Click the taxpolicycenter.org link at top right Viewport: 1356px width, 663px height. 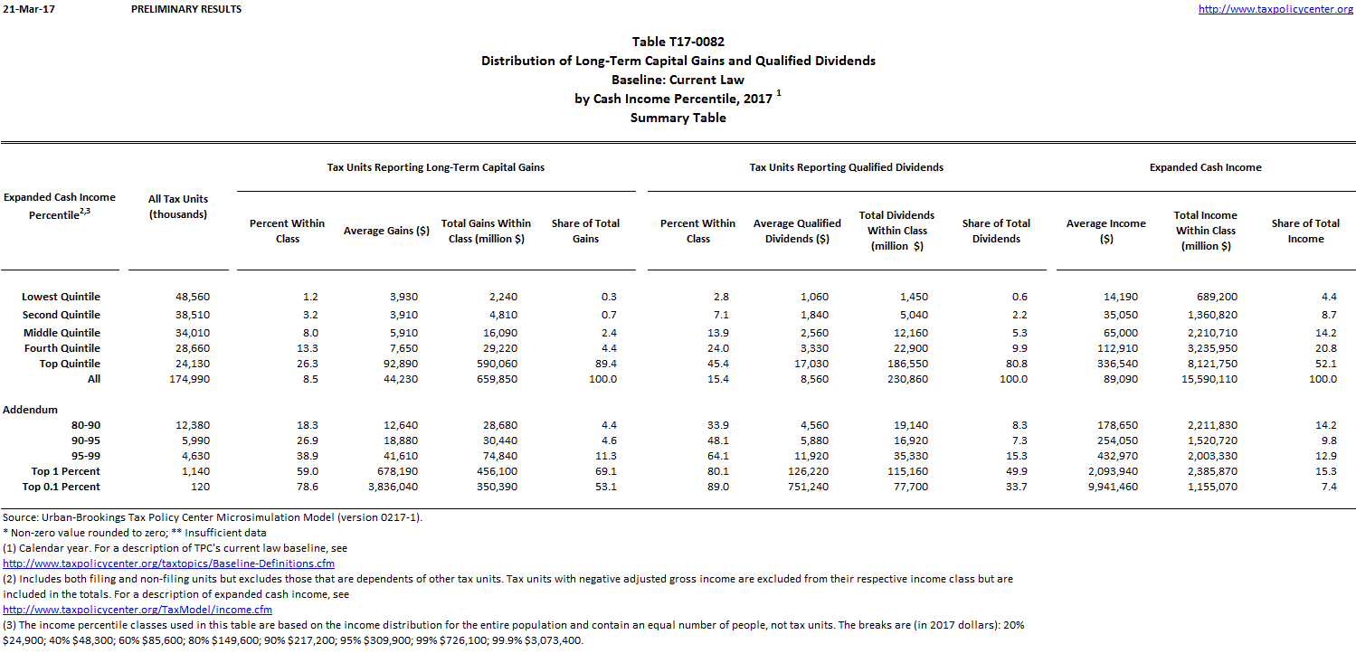tap(1275, 9)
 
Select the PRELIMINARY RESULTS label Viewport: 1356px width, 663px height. tap(186, 9)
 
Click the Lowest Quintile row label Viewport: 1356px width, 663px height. tap(62, 297)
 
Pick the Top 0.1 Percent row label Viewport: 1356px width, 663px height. tap(61, 487)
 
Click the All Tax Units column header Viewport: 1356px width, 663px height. tap(178, 207)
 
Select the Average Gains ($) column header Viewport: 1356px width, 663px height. tap(386, 231)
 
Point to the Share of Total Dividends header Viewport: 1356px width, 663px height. tap(996, 231)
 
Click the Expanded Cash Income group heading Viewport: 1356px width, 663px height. tap(1205, 167)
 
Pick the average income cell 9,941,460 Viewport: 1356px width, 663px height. tap(1112, 487)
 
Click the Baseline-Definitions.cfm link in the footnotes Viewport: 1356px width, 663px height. tap(168, 564)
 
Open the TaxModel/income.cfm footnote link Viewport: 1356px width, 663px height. tap(137, 610)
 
